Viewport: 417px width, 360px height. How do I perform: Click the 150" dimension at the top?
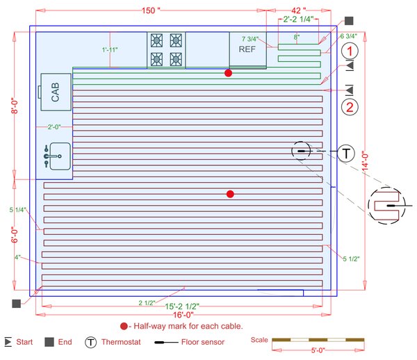click(x=151, y=11)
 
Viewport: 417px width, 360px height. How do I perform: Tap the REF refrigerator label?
click(x=247, y=49)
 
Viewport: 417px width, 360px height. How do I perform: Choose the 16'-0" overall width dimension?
click(x=183, y=314)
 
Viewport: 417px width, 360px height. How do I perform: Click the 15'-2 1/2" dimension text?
click(x=182, y=306)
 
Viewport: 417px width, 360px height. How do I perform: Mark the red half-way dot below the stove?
click(x=228, y=73)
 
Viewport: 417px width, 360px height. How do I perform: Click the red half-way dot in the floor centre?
click(x=230, y=194)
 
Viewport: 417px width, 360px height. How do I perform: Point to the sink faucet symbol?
click(x=48, y=156)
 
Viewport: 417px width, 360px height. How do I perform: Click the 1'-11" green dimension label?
click(x=110, y=50)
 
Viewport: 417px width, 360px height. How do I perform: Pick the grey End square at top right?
click(x=349, y=21)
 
